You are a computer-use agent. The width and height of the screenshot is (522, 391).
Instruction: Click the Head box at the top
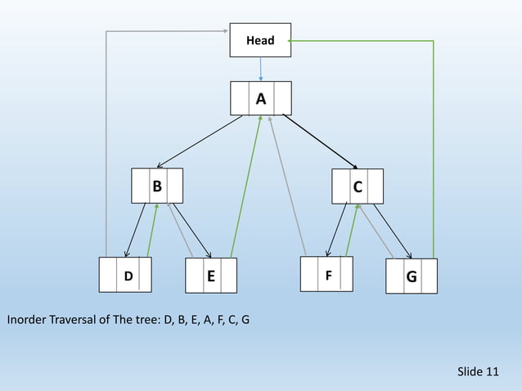(260, 40)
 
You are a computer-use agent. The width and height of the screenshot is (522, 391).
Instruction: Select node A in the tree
(260, 99)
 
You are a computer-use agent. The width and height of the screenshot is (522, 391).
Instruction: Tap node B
(157, 186)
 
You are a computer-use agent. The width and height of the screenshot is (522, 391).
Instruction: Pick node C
(358, 187)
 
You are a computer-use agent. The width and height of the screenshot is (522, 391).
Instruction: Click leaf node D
(127, 276)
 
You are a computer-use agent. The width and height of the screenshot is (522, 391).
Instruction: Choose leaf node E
(210, 276)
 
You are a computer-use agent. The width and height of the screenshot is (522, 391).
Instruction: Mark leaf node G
(411, 276)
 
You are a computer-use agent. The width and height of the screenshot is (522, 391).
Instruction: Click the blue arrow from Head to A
(260, 69)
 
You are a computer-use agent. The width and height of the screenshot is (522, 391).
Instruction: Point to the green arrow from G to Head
(433, 147)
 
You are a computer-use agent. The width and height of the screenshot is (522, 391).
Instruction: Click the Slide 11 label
(478, 371)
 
